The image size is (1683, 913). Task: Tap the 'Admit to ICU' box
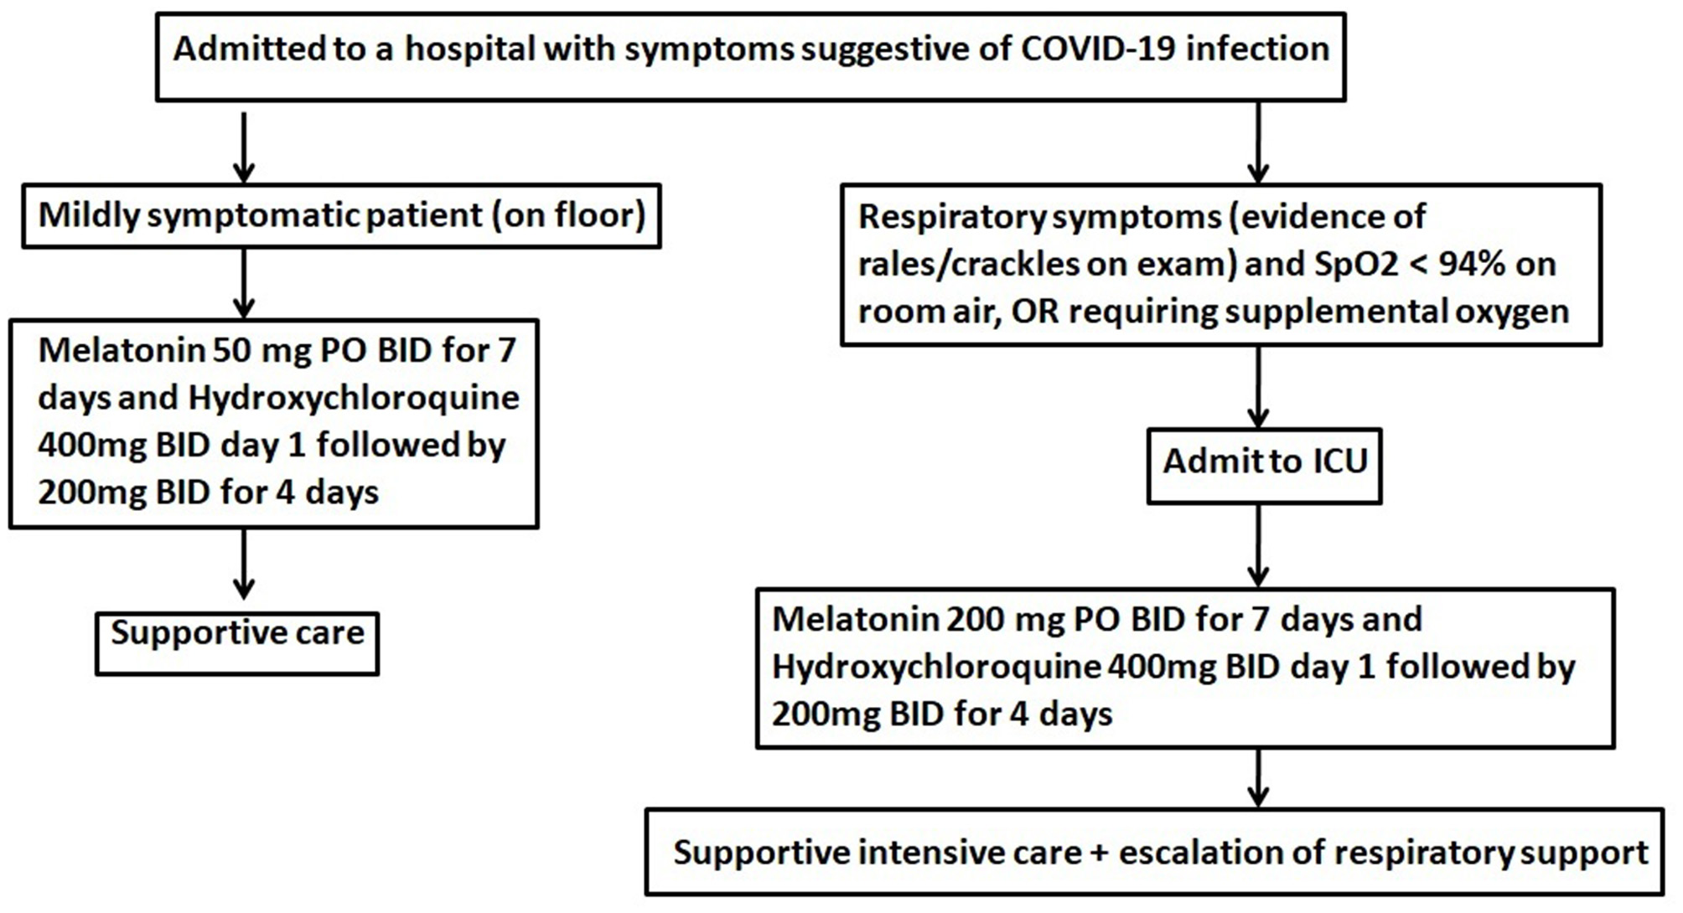tap(1264, 466)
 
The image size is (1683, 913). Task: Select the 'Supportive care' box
tap(237, 643)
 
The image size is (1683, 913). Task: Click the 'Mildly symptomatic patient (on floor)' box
tap(341, 216)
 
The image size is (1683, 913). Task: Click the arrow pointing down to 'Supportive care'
tap(244, 564)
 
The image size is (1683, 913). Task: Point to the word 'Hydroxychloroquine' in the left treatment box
tap(354, 398)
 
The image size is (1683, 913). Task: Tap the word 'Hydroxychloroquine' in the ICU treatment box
tap(936, 667)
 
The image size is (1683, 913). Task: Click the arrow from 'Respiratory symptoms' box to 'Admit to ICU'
tap(1258, 387)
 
